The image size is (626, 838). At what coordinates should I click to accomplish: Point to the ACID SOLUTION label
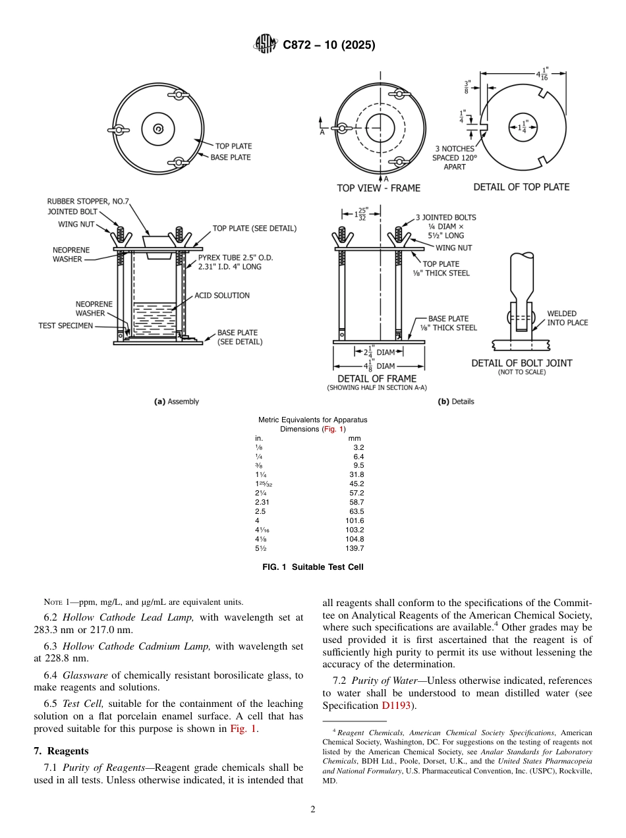(x=222, y=296)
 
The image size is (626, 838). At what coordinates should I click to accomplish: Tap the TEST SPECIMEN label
(x=66, y=325)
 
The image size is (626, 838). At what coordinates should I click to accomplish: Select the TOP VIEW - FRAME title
(x=378, y=188)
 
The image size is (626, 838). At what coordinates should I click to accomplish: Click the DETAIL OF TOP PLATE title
(x=521, y=187)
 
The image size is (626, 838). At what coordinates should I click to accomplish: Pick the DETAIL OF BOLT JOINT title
(x=521, y=363)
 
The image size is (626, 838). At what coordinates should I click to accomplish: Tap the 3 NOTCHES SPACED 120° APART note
(x=454, y=158)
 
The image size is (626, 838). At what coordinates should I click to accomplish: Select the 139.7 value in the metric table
(x=355, y=548)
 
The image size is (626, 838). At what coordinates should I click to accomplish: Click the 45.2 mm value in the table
(x=356, y=483)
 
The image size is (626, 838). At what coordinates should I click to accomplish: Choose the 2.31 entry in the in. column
(x=262, y=502)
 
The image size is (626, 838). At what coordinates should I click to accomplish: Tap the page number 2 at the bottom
(x=312, y=810)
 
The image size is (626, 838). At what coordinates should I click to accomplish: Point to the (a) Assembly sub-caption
(x=176, y=401)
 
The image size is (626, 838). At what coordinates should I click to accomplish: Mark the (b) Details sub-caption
(x=456, y=401)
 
